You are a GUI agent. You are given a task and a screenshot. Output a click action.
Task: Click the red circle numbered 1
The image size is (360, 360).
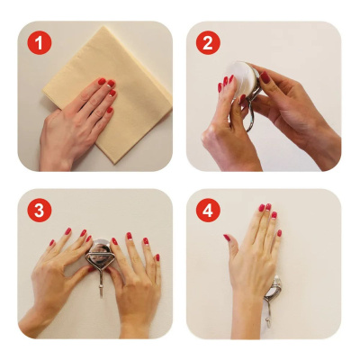[x=40, y=42]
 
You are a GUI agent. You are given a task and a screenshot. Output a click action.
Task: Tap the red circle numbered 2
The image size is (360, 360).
[x=208, y=42]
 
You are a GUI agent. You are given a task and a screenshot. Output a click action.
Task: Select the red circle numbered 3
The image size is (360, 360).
[x=40, y=211]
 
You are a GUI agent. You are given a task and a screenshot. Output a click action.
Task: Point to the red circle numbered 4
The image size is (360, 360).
[x=208, y=211]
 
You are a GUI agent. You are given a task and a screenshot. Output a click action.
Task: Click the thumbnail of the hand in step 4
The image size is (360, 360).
[x=227, y=238]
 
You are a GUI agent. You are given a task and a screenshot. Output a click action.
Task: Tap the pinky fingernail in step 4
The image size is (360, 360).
[x=279, y=233]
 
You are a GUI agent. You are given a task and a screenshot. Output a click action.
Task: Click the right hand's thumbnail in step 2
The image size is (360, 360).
[x=265, y=77]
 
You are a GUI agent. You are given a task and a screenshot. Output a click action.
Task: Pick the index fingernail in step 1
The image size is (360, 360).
[x=102, y=81]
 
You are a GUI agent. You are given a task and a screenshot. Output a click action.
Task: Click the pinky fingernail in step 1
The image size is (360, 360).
[x=110, y=110]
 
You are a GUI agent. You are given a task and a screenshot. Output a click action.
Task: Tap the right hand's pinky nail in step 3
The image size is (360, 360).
[x=157, y=257]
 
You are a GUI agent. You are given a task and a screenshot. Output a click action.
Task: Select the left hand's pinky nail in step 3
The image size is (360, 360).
[x=52, y=242]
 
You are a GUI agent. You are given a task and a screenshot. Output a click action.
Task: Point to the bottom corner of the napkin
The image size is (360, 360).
[x=113, y=164]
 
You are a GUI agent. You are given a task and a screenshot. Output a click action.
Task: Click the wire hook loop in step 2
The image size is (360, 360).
[x=249, y=114]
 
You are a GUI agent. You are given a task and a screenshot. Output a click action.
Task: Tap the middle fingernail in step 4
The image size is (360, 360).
[x=268, y=207]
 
